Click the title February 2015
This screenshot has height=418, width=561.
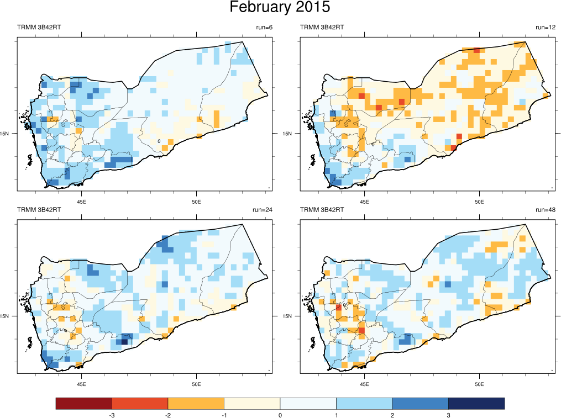pyautogui.click(x=280, y=8)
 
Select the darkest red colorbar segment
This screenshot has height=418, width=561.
pyautogui.click(x=83, y=404)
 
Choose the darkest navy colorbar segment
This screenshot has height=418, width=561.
pyautogui.click(x=476, y=404)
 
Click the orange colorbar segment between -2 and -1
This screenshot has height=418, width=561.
pyautogui.click(x=196, y=404)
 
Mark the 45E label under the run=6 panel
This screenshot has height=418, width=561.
pyautogui.click(x=82, y=201)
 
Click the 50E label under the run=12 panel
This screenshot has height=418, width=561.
pyautogui.click(x=479, y=201)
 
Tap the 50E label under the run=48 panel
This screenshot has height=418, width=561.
pyautogui.click(x=479, y=384)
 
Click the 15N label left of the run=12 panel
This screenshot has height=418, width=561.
pyautogui.click(x=288, y=134)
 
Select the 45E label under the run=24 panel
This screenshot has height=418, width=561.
pyautogui.click(x=82, y=384)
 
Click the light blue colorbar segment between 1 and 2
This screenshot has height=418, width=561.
pyautogui.click(x=364, y=404)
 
